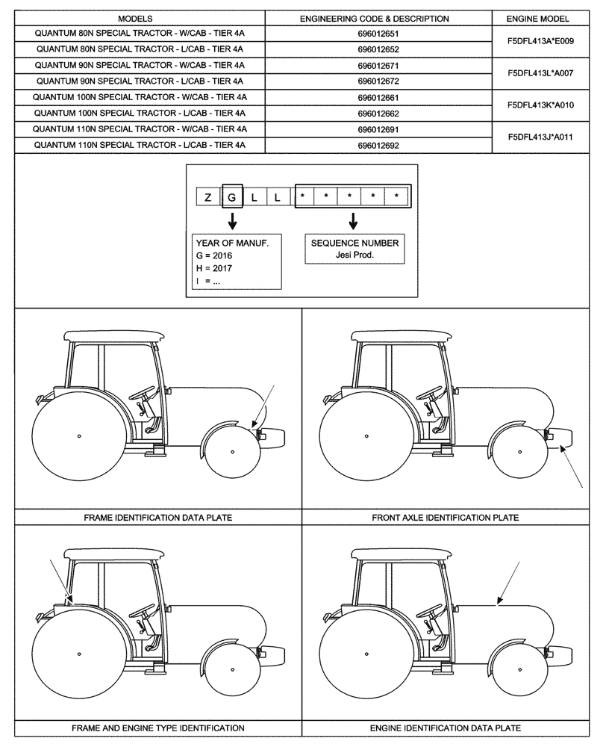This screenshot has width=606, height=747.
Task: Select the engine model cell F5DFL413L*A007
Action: [540, 73]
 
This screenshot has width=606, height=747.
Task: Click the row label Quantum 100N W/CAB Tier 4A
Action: [140, 97]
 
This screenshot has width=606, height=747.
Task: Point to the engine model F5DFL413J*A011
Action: [540, 137]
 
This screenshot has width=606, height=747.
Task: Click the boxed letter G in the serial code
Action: [232, 197]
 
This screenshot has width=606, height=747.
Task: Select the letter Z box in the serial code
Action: [207, 197]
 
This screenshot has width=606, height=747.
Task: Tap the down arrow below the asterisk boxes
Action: [353, 220]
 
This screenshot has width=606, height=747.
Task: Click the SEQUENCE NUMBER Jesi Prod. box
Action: [354, 249]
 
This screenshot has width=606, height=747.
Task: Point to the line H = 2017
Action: [213, 268]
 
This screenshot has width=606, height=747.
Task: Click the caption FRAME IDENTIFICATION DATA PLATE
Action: [157, 517]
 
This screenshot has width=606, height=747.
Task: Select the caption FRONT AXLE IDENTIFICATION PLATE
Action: [445, 517]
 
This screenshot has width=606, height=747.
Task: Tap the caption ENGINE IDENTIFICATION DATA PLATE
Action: [445, 727]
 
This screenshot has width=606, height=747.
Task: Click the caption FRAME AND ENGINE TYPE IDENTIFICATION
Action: [157, 727]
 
